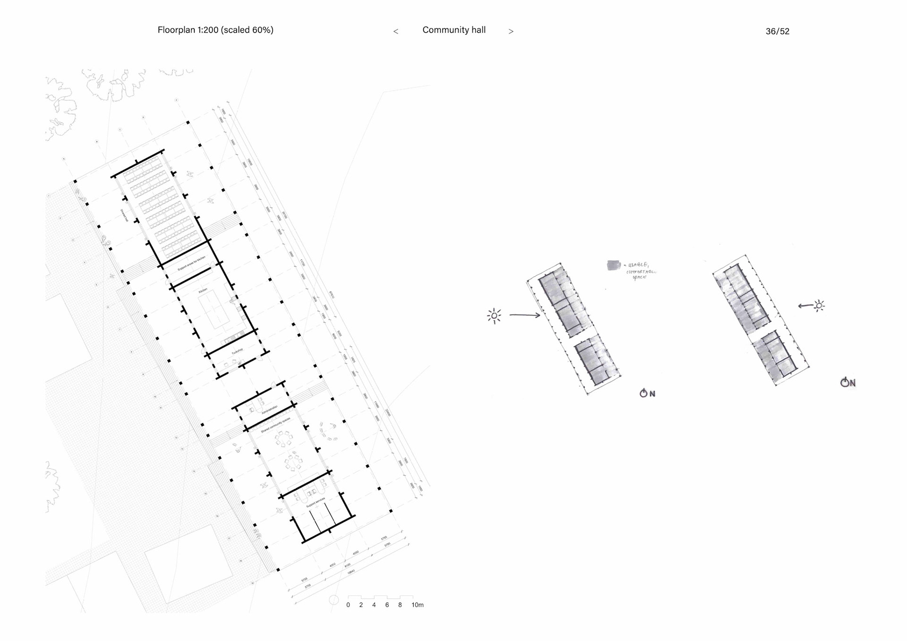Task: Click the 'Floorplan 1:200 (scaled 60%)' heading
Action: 215,30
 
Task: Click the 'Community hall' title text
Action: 453,30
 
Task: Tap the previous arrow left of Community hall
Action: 396,32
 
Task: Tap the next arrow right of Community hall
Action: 511,32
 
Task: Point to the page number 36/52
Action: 777,31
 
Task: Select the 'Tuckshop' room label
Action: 237,351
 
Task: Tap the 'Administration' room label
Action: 270,410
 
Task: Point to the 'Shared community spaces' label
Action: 275,425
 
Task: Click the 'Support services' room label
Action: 316,503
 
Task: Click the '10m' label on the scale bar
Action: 417,605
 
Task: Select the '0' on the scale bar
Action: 348,605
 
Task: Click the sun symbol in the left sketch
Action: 494,316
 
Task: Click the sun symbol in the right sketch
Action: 819,306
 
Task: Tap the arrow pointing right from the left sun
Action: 524,315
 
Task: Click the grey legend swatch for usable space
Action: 613,265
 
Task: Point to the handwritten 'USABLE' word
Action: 638,265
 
